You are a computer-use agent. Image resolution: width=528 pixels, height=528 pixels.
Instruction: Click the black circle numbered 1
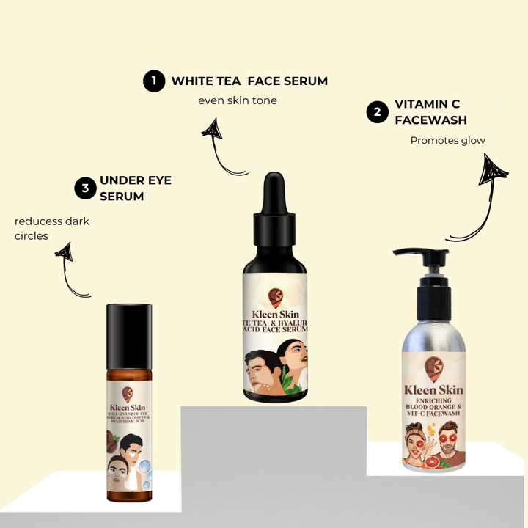pyautogui.click(x=153, y=81)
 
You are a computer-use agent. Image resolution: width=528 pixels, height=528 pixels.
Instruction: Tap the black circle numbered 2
pyautogui.click(x=377, y=112)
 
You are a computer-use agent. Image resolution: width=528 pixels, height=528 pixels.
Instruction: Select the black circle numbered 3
pyautogui.click(x=86, y=188)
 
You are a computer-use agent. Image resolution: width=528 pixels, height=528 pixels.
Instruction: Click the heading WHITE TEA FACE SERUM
pyautogui.click(x=249, y=81)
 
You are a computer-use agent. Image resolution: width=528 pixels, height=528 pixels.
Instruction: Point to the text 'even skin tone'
pyautogui.click(x=238, y=100)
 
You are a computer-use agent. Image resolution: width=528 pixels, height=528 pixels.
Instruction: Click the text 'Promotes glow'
pyautogui.click(x=447, y=140)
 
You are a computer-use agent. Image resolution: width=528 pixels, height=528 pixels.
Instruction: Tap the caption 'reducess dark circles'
pyautogui.click(x=51, y=228)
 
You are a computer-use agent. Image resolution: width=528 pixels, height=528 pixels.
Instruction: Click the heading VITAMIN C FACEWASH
pyautogui.click(x=430, y=111)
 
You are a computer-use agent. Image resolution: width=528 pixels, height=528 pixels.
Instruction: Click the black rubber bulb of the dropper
pyautogui.click(x=274, y=192)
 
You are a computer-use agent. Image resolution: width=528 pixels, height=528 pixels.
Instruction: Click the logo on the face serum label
pyautogui.click(x=276, y=298)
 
